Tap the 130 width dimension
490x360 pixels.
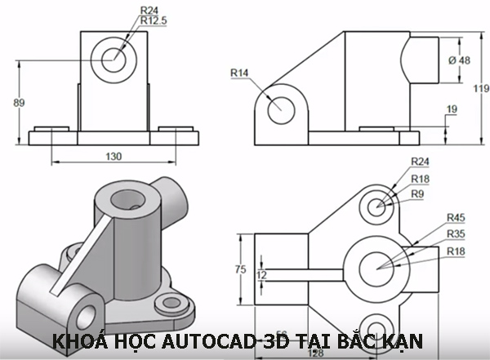pyautogui.click(x=114, y=156)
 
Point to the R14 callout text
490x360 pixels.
pyautogui.click(x=238, y=73)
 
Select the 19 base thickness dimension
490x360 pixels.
pyautogui.click(x=452, y=109)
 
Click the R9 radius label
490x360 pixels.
pyautogui.click(x=418, y=194)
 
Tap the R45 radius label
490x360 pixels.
pyautogui.click(x=456, y=217)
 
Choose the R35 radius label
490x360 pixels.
pyautogui.click(x=456, y=233)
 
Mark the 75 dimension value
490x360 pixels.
pyautogui.click(x=240, y=269)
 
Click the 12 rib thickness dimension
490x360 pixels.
pyautogui.click(x=261, y=275)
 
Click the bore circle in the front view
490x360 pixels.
pyautogui.click(x=114, y=56)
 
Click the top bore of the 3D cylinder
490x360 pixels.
pyautogui.click(x=127, y=198)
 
